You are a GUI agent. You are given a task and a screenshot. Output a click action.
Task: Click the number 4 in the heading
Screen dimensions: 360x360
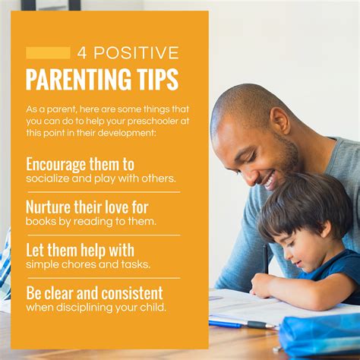click(x=82, y=52)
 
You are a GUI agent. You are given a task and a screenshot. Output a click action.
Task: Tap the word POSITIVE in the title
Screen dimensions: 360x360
click(x=136, y=52)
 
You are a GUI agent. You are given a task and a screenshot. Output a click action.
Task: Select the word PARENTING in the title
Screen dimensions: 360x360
click(x=78, y=79)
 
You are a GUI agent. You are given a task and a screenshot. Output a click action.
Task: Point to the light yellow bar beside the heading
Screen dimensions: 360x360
click(x=48, y=53)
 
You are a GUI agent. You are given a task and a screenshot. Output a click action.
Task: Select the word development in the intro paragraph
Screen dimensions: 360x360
click(x=126, y=133)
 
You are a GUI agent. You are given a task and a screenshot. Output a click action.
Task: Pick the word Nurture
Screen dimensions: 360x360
click(x=49, y=207)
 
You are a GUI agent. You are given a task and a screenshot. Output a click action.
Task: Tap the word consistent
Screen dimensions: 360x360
click(x=132, y=293)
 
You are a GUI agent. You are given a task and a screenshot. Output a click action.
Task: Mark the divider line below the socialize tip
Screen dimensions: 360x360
click(x=104, y=192)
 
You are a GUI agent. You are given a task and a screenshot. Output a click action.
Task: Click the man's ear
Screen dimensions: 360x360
click(x=279, y=120)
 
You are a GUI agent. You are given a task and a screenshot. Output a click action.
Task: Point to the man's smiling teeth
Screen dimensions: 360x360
click(x=268, y=181)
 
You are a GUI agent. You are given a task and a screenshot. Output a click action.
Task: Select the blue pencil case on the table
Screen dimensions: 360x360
click(x=320, y=333)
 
